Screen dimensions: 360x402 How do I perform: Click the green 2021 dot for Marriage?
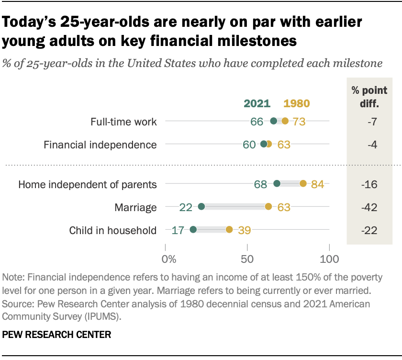click(x=201, y=207)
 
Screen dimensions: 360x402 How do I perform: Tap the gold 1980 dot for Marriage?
click(x=268, y=207)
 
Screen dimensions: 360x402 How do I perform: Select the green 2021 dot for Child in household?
click(x=193, y=230)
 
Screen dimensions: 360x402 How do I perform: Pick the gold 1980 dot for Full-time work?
click(x=285, y=121)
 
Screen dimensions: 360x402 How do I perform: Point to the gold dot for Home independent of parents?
click(x=303, y=183)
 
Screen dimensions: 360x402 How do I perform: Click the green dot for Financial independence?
click(x=264, y=144)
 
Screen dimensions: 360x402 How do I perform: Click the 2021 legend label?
click(x=257, y=103)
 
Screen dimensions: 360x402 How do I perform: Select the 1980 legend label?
click(x=297, y=103)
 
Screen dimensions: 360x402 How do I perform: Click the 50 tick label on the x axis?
click(x=247, y=259)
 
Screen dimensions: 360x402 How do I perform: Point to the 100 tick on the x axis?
click(x=329, y=259)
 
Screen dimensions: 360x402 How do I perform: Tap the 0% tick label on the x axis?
click(x=169, y=259)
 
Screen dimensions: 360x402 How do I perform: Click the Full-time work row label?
click(x=123, y=122)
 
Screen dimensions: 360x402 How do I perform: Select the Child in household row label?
click(x=113, y=230)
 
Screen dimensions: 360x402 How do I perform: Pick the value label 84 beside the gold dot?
click(x=317, y=184)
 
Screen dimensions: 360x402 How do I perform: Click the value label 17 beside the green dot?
click(x=178, y=230)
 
